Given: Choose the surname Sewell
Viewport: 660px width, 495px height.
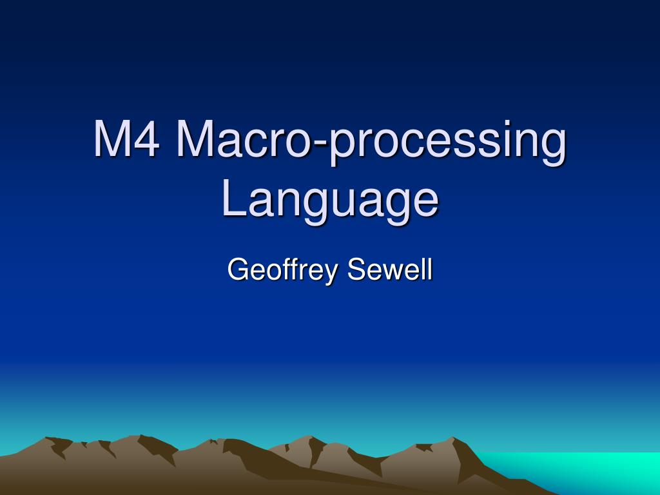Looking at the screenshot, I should click(389, 269).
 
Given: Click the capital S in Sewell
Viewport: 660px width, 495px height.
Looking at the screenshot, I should click(356, 269).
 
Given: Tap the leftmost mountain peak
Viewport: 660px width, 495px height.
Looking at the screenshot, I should click(48, 440).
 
